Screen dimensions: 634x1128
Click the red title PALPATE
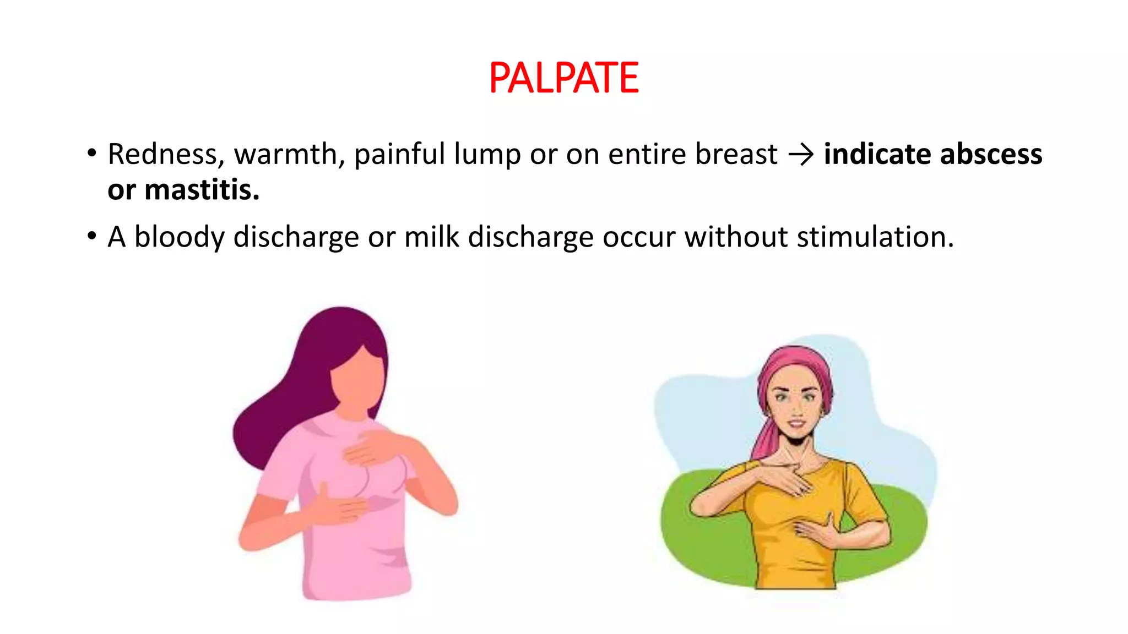pos(563,78)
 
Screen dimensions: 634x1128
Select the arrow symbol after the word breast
pos(800,155)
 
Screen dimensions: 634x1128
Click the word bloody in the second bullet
pos(180,238)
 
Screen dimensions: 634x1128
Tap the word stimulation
pos(875,237)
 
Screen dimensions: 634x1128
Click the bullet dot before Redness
pos(91,154)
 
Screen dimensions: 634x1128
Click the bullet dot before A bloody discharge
pos(91,237)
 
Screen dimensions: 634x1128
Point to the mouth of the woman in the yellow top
pos(795,424)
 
